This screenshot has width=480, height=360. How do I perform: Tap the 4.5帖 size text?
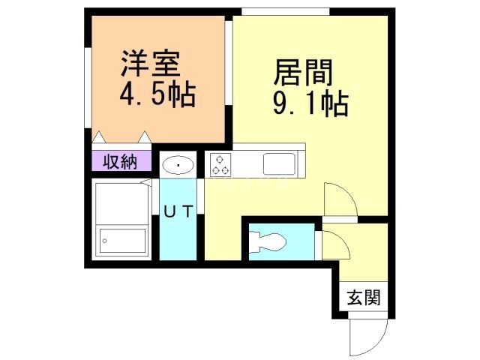coord(157,96)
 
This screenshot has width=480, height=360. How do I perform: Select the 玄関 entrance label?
coord(363,298)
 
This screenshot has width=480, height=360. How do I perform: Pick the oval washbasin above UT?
coord(178,165)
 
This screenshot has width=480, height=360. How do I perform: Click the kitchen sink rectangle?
coord(280,163)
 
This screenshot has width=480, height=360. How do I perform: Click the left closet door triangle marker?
coord(100,137)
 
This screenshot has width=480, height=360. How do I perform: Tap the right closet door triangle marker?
coord(144,137)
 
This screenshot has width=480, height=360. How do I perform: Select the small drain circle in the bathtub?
coord(106,241)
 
